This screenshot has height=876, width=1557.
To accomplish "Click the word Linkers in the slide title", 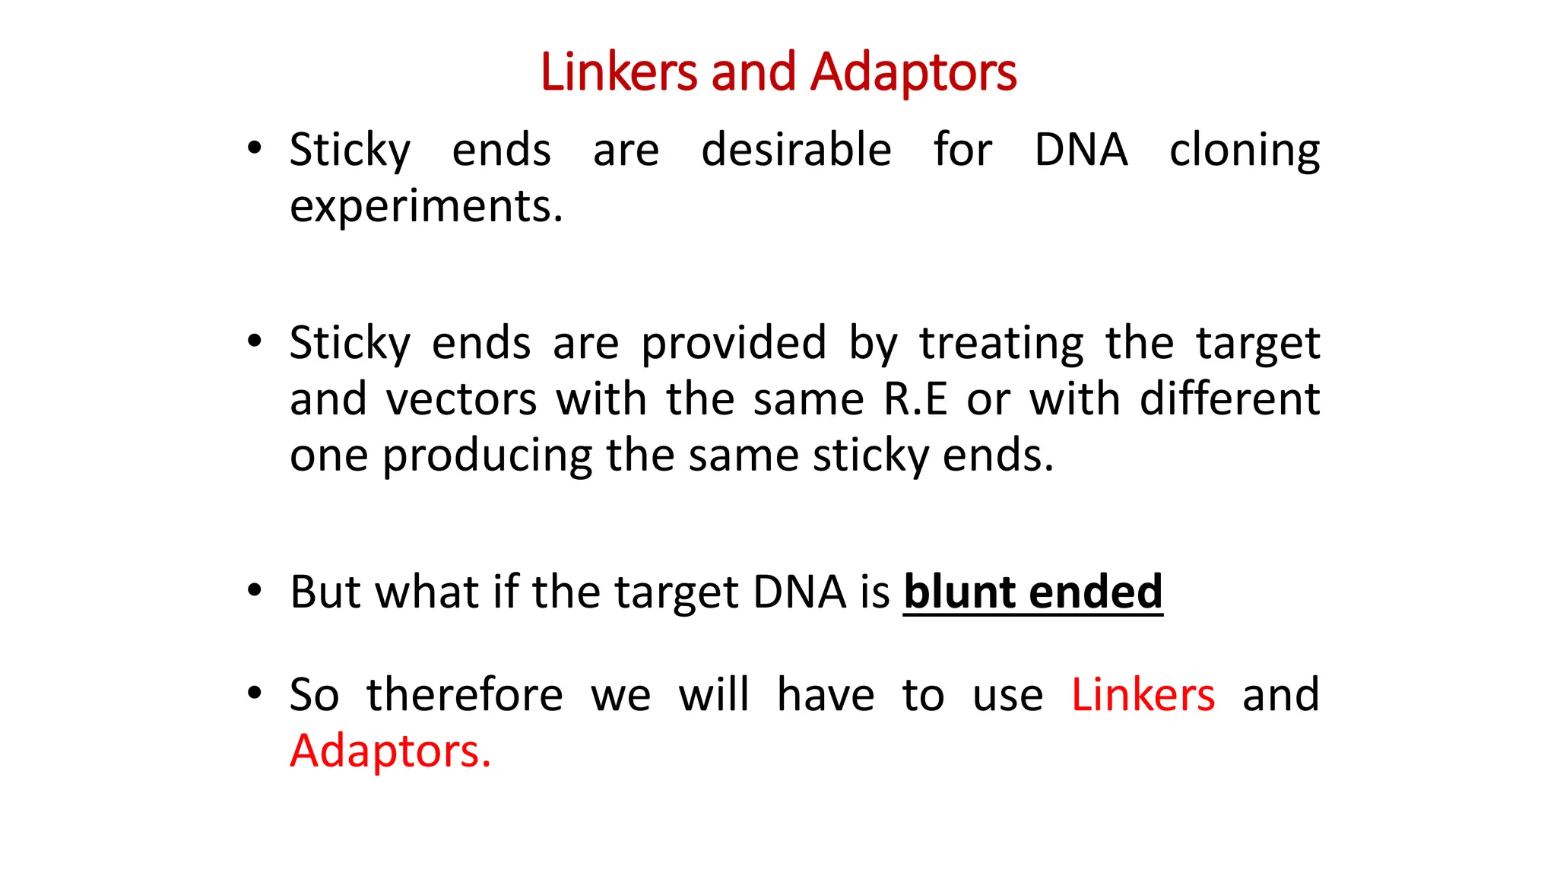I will point(618,73).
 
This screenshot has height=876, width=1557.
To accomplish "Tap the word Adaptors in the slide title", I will point(913,73).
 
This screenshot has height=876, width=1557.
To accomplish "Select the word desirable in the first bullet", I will point(796,150).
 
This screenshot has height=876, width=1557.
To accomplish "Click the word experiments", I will point(426,207).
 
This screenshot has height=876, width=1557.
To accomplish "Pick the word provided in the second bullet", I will point(734,344).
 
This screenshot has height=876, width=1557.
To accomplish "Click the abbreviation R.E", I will point(915,399).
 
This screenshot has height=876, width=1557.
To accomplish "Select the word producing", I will point(487,456).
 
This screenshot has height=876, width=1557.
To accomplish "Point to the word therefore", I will point(465,695).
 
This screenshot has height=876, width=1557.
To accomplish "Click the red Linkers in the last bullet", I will point(1143,695).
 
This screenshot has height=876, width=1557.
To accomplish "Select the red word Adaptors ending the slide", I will point(390,751).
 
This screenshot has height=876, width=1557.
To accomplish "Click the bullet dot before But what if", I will point(255,590).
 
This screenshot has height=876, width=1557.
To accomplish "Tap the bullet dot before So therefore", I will point(255,693).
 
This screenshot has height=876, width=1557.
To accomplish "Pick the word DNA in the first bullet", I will point(1080,150).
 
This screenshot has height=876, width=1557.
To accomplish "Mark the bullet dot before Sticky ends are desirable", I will point(255,148).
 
